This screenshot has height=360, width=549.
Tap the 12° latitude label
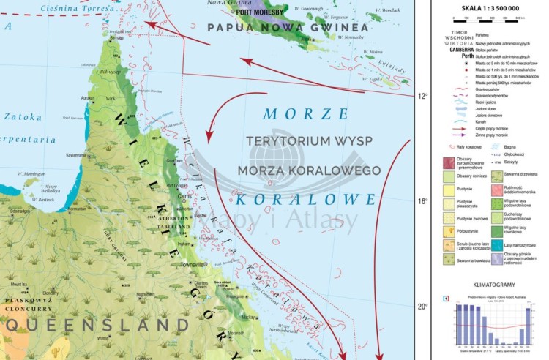tap(422, 96)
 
